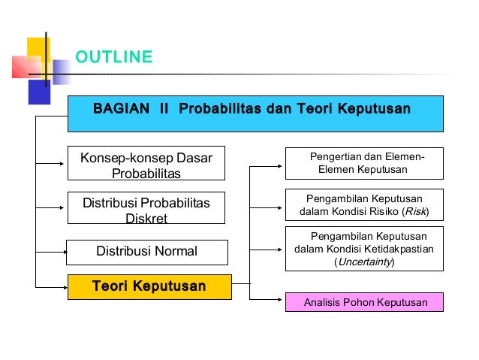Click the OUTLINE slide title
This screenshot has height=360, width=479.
coord(114,57)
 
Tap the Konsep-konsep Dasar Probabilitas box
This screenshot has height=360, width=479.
coord(146,163)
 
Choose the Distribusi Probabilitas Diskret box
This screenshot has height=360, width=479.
coord(146,208)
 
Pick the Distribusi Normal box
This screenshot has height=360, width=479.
coord(146,252)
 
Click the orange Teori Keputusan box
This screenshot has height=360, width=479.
coord(149,286)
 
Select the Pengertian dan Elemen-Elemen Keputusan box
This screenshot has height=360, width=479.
coord(364,163)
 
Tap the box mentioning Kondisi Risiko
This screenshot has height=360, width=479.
coord(364,205)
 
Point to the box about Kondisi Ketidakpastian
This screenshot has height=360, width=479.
coord(364,249)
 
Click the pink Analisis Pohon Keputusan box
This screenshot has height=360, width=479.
coord(364,302)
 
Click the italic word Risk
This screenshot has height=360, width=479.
coord(414,212)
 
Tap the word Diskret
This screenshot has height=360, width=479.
coord(146,219)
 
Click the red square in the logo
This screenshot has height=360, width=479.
coord(23,67)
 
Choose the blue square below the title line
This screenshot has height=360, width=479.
coord(39,92)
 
